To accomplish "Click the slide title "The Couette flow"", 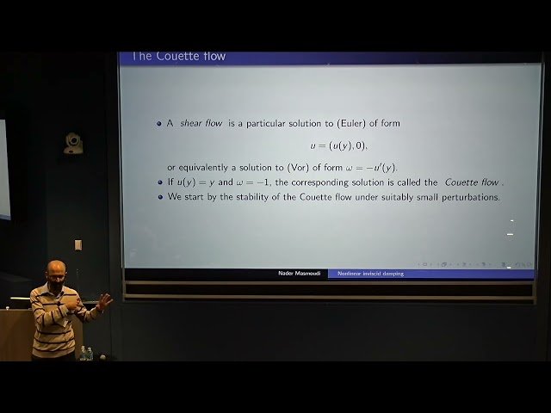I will pyautogui.click(x=179, y=57).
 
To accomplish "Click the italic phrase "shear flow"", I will pyautogui.click(x=201, y=124).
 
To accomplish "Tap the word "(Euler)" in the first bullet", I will pyautogui.click(x=324, y=124).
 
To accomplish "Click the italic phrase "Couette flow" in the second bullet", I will pyautogui.click(x=472, y=182).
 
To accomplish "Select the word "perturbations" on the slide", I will pyautogui.click(x=470, y=197).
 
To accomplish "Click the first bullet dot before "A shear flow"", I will pyautogui.click(x=159, y=124).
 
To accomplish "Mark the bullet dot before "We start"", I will pyautogui.click(x=159, y=197).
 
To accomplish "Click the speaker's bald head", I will pyautogui.click(x=57, y=269).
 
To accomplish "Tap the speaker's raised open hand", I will pyautogui.click(x=104, y=301).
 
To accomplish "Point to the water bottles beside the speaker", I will pyautogui.click(x=86, y=353).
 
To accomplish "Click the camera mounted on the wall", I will pyautogui.click(x=74, y=143).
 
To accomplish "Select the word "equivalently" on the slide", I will pyautogui.click(x=212, y=167).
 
